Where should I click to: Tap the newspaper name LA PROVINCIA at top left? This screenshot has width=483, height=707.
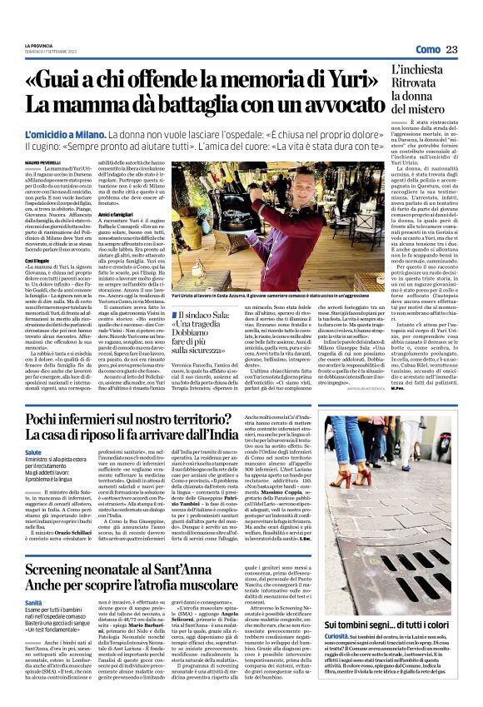click(x=38, y=45)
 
